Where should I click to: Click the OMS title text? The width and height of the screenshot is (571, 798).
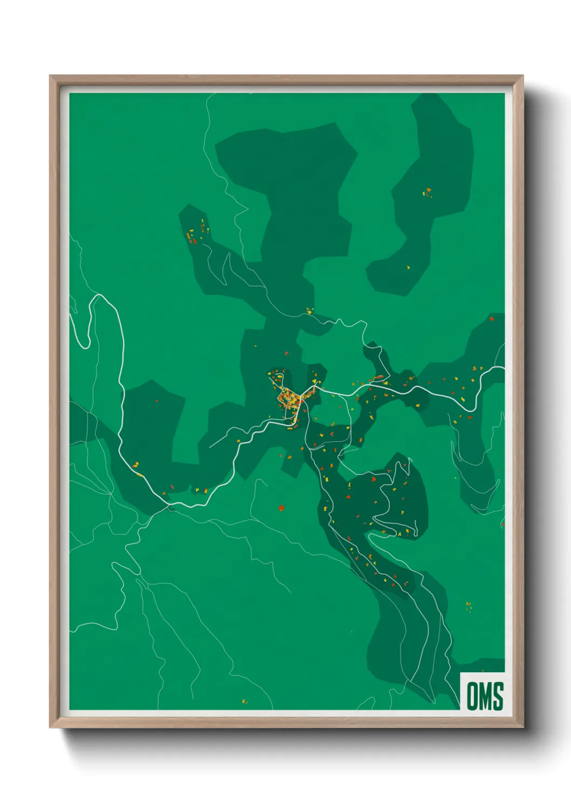pos(485,696)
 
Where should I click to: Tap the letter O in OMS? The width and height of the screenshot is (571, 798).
pos(472,696)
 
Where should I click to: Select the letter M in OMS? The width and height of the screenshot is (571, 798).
pos(485,696)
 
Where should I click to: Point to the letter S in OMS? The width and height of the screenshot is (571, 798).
pos(498,696)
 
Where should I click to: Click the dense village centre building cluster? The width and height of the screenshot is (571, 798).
pos(290,400)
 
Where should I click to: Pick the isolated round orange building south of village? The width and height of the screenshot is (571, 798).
pos(281,507)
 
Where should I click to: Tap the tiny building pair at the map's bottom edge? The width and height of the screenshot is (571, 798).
pos(244,701)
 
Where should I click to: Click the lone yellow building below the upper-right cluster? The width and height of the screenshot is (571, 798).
pos(408,267)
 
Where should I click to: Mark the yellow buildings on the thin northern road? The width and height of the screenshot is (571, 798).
pos(309,311)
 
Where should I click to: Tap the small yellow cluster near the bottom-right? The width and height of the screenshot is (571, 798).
pos(468,607)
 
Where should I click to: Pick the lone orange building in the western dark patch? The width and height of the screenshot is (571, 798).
pos(157,401)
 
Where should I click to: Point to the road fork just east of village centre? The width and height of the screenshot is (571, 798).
pos(315,388)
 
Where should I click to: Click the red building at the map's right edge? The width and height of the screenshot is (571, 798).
pos(492,319)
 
